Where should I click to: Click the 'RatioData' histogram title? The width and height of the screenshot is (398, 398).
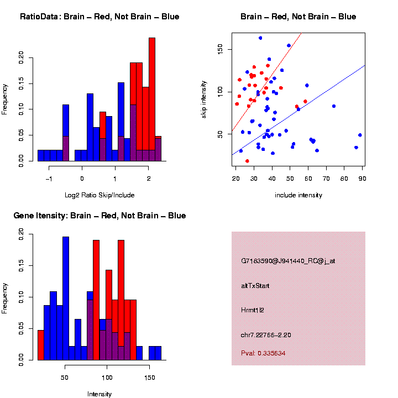[99, 17]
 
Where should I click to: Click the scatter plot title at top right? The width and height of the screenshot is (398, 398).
[298, 17]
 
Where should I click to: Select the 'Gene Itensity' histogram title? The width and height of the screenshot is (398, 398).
[99, 216]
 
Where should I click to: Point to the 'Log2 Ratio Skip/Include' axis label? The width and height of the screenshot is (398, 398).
[100, 195]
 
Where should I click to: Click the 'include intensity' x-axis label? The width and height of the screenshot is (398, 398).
[298, 195]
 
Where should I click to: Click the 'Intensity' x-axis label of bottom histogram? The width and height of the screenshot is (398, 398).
[99, 394]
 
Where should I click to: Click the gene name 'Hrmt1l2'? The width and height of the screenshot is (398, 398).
[253, 310]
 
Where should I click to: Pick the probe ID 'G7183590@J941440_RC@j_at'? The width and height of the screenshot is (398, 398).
[288, 261]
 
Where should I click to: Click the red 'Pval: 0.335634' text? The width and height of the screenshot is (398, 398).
[263, 353]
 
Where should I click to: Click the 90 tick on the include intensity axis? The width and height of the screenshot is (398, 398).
[362, 177]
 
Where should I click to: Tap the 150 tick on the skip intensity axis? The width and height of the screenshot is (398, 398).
[220, 50]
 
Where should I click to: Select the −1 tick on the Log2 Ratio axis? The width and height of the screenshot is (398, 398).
[49, 179]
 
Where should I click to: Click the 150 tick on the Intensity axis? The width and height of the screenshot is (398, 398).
[149, 378]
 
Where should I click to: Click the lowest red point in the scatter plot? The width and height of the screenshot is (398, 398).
[247, 161]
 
